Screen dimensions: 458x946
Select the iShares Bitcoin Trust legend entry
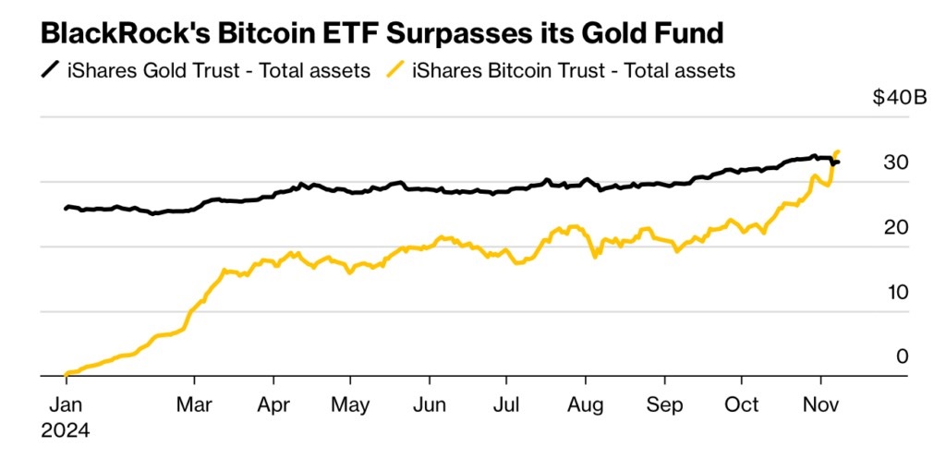coord(574,70)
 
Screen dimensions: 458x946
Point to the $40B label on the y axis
coord(899,99)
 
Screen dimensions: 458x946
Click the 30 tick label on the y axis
coord(896,163)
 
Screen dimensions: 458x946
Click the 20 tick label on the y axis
coord(896,227)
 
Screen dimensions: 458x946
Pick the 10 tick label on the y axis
coord(896,292)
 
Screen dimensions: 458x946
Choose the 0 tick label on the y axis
coord(903,356)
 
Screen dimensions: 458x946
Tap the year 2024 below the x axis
coord(66,429)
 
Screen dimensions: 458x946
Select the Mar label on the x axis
coord(194,404)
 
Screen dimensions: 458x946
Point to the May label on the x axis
coord(350,404)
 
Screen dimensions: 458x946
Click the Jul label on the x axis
coord(505,404)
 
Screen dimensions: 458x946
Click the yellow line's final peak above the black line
coord(837,151)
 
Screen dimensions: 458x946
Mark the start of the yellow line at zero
coord(66,375)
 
